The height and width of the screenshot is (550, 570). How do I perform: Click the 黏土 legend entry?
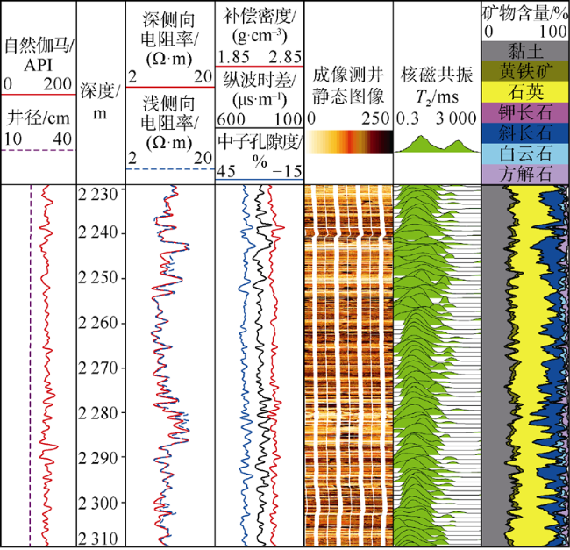coord(525,51)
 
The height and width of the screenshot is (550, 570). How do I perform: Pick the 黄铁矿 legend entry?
coord(525,70)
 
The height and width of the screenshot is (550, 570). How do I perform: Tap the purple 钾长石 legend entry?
coord(525,112)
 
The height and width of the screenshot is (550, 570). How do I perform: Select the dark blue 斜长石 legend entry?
coord(525,132)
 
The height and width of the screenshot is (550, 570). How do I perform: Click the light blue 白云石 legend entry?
coord(525,153)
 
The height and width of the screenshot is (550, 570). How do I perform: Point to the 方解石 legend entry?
coord(525,173)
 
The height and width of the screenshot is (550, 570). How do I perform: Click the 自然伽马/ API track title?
coord(39,54)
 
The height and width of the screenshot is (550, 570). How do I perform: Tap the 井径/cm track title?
coord(39,117)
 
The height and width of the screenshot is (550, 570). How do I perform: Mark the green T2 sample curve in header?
coord(436,143)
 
